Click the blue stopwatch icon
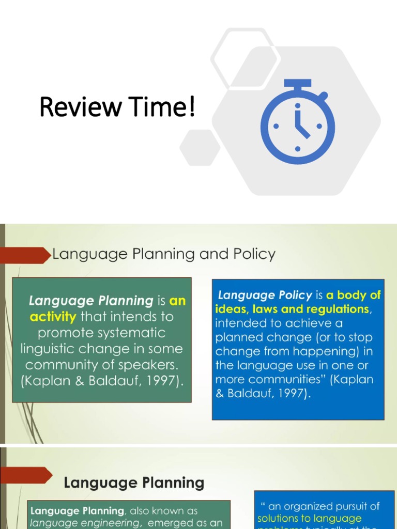[x=297, y=122]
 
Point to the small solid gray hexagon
[x=200, y=147]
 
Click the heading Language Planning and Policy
[x=164, y=254]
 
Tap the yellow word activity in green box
[x=53, y=317]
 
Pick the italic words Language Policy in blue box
[x=265, y=295]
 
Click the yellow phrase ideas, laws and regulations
[x=292, y=309]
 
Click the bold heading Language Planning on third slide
[x=134, y=483]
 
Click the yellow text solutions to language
[x=310, y=518]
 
